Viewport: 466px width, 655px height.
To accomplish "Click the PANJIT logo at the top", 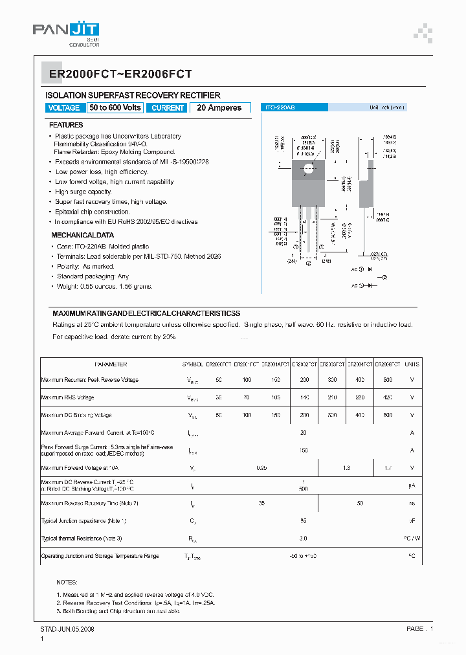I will tap(65, 31).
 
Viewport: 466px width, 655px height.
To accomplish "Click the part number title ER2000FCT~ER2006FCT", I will tap(120, 75).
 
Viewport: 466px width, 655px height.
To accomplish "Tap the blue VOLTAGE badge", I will tap(64, 108).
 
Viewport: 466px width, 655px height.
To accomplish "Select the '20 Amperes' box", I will tap(219, 108).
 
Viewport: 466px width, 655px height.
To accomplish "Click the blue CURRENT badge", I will tap(168, 108).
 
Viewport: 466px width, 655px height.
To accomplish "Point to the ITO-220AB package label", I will tap(279, 108).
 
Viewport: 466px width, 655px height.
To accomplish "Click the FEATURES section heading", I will tap(66, 125).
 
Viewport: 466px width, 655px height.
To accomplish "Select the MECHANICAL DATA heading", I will tap(83, 236).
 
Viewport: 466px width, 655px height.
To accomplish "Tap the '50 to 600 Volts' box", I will tap(115, 108).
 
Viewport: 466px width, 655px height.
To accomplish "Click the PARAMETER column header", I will tap(111, 364).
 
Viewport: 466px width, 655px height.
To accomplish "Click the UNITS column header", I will tap(412, 364).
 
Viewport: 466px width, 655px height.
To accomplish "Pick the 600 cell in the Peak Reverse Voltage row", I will tap(388, 380).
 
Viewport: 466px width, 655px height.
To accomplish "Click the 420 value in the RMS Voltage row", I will tap(388, 397).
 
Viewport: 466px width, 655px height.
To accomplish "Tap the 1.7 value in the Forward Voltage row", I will tap(388, 467).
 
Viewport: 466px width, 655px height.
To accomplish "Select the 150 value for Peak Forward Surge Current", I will tap(303, 450).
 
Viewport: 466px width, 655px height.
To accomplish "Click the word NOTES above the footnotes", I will tap(67, 583).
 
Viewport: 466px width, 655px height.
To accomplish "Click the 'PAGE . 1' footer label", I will tap(419, 628).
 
